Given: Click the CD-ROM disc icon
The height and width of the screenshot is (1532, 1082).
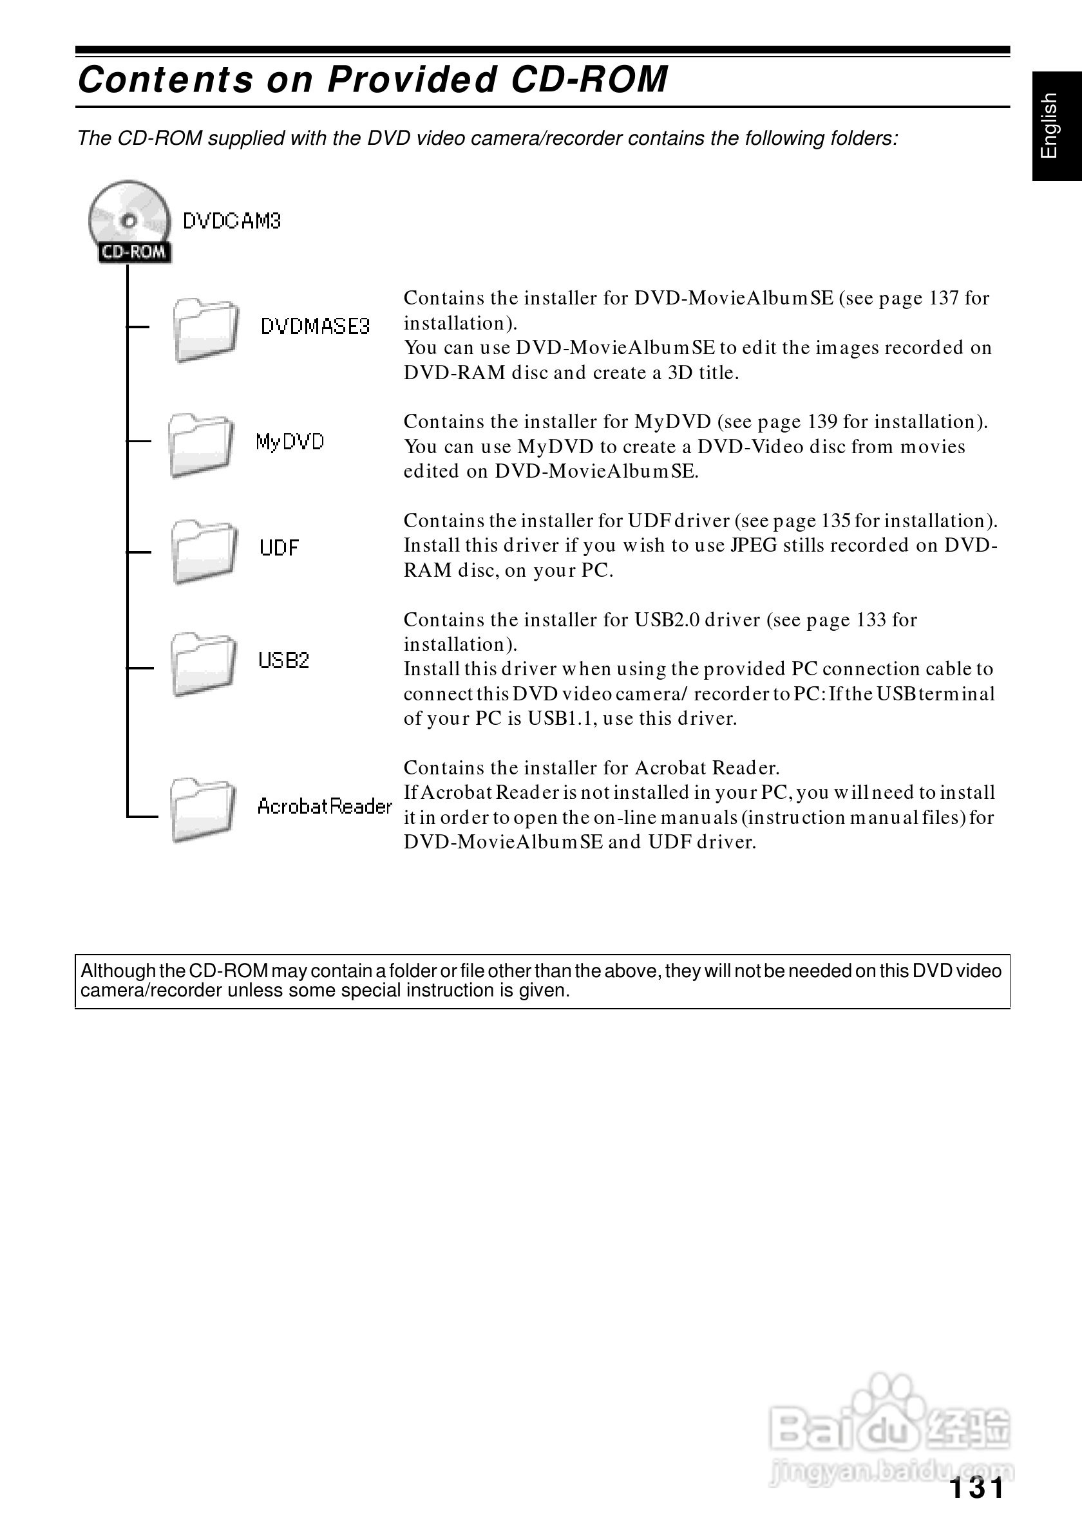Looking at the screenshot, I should [129, 221].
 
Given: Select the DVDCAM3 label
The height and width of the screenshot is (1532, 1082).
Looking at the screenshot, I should [232, 221].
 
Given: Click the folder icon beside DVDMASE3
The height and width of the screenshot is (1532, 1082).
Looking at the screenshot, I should [205, 330].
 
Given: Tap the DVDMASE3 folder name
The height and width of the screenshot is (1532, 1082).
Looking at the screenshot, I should [314, 326].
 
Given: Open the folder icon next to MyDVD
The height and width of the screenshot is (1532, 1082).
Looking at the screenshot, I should [200, 445].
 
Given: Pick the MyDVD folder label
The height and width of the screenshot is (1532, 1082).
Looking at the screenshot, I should [290, 442].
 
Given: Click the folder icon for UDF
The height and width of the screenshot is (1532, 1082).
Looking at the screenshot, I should [204, 551].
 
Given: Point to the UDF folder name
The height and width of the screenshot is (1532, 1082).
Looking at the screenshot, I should [279, 548].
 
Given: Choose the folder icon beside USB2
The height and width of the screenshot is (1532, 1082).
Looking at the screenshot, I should [203, 664].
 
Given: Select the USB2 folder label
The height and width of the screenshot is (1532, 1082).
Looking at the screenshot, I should [283, 660].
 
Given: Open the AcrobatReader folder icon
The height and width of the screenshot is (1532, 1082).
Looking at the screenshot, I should [202, 809].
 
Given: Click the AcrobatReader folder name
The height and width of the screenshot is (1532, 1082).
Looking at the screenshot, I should [325, 807].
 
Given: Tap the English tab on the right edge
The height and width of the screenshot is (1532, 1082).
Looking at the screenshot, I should [1056, 126].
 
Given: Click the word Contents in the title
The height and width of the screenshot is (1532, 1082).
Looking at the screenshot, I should [166, 79].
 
